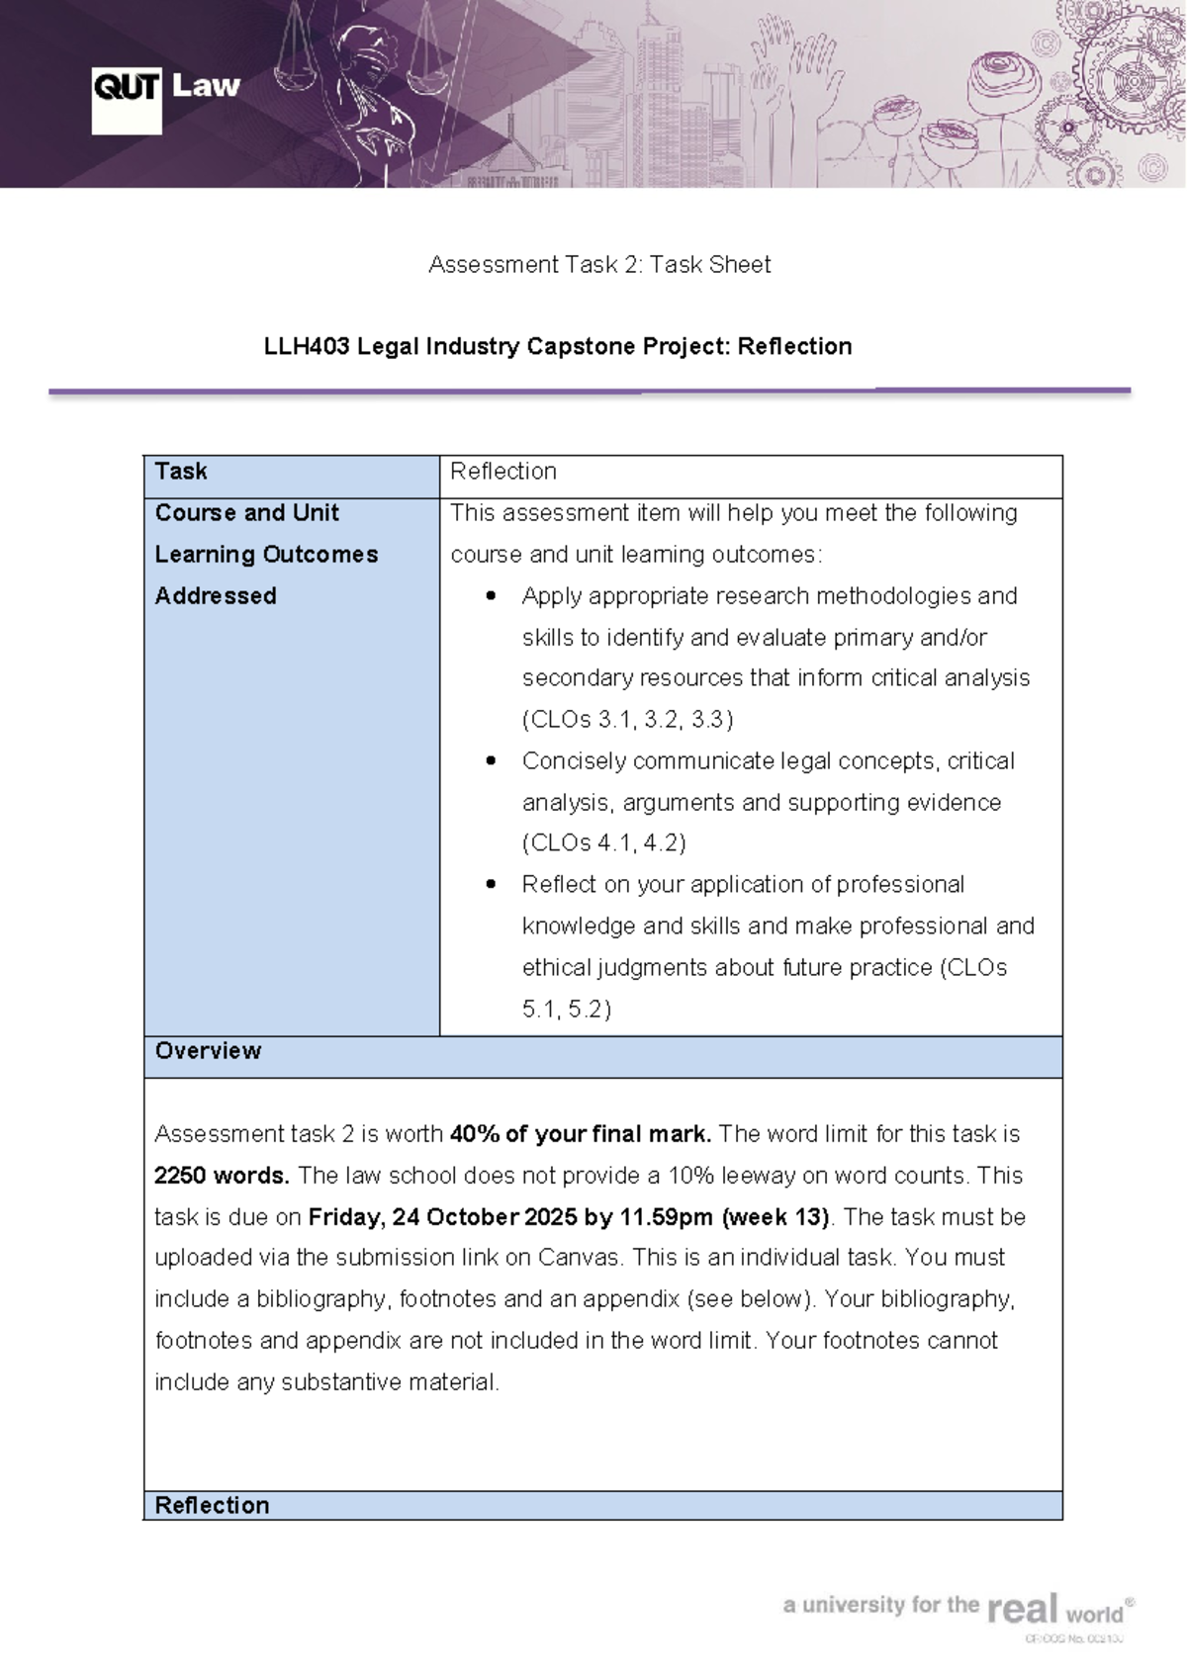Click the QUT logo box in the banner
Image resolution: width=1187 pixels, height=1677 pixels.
pos(126,100)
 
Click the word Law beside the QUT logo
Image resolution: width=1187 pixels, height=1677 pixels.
pos(206,86)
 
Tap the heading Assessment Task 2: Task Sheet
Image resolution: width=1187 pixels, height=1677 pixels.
pos(599,264)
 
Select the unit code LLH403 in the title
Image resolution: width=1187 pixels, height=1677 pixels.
pos(307,346)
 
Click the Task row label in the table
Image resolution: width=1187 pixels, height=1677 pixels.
pos(181,472)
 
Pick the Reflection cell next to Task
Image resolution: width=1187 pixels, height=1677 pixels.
pos(503,472)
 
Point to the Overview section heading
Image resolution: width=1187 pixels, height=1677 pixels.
pos(208,1050)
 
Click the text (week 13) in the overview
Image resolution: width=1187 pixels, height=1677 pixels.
pos(776,1217)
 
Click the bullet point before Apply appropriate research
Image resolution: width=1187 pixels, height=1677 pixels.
pos(492,596)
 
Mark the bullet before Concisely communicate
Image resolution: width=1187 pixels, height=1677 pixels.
pos(492,761)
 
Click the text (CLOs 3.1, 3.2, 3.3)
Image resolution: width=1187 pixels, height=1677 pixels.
pos(628,720)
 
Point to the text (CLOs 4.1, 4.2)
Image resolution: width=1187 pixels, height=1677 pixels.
pos(604,843)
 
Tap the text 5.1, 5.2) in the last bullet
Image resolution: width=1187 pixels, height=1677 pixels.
pos(567,1010)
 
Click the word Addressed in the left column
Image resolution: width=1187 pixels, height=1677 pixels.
pos(216,596)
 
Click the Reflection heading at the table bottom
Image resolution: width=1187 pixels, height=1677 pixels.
pos(212,1505)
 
